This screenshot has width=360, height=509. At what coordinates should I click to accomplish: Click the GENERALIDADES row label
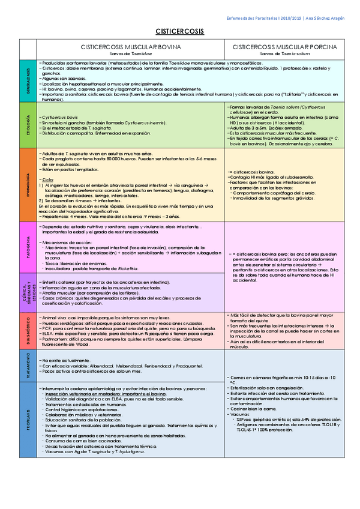(28, 80)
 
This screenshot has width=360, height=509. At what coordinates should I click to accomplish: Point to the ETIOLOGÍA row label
(28, 125)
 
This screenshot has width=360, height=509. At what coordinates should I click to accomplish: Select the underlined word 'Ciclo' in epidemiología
(49, 180)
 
